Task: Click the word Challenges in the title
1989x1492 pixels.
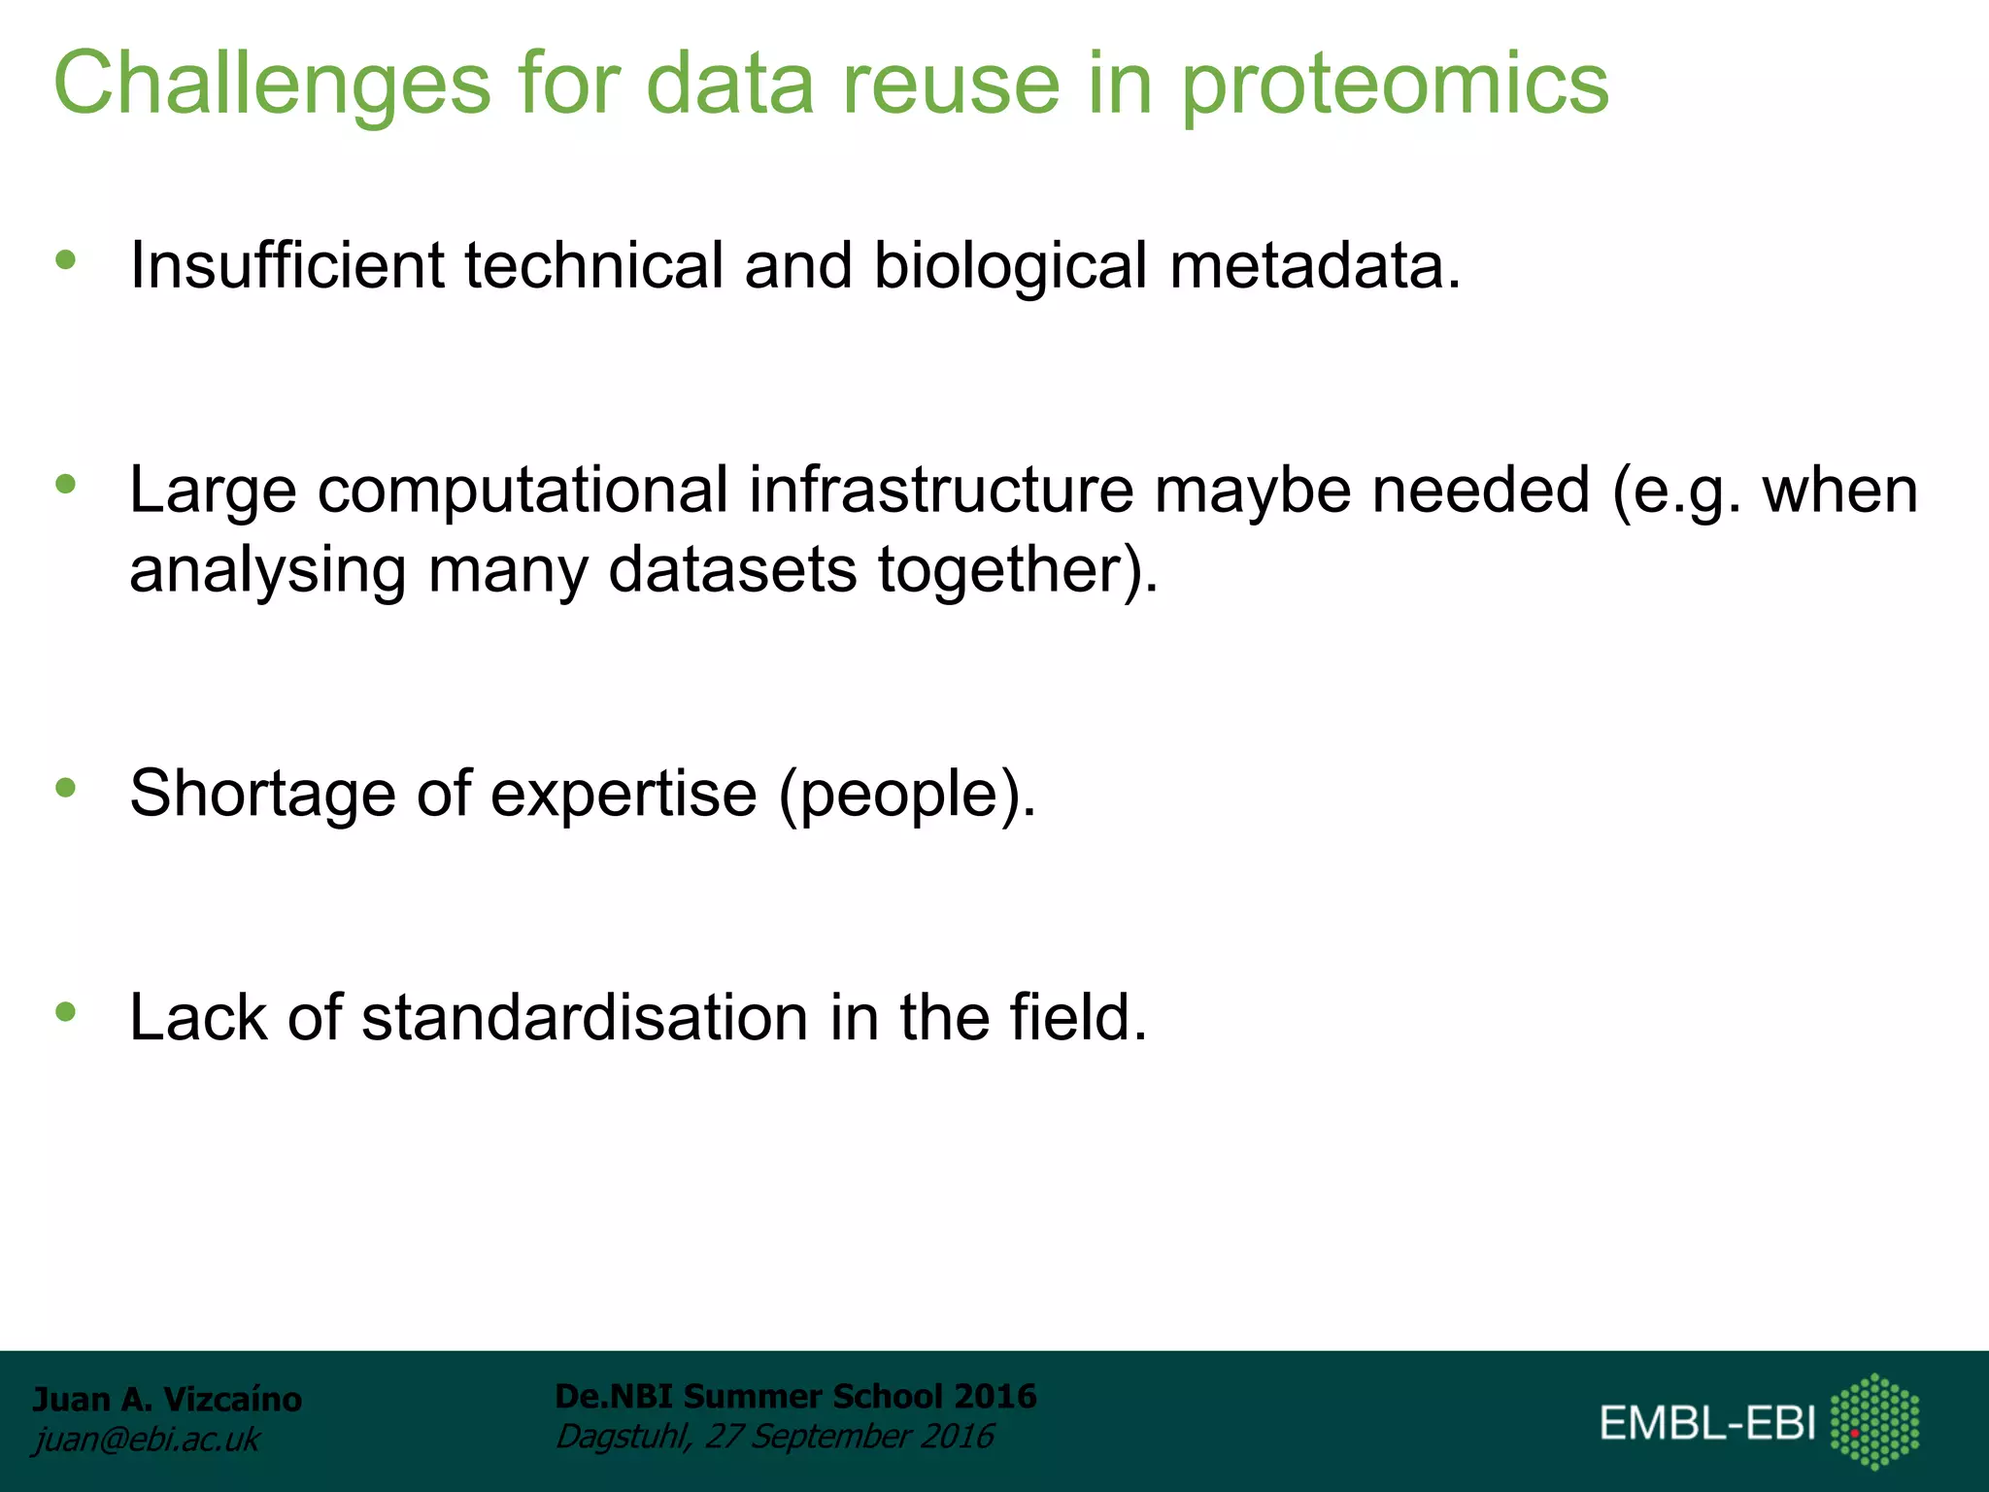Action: [x=272, y=85]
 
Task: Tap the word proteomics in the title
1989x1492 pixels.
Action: [x=1395, y=85]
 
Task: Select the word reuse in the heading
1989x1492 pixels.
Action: [x=951, y=85]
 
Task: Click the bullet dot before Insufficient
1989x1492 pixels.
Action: [x=66, y=259]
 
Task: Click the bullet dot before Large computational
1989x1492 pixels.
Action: [x=66, y=484]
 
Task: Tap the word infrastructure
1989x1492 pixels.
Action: [x=940, y=490]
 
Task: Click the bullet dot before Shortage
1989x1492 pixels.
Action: [x=66, y=787]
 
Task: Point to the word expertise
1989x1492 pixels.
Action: [x=624, y=794]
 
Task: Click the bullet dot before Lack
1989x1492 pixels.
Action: [x=66, y=1012]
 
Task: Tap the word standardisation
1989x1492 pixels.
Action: [x=585, y=1018]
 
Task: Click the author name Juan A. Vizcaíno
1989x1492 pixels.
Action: [x=167, y=1399]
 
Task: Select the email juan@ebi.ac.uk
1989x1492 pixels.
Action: [x=147, y=1439]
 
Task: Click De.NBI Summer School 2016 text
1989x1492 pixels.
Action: [x=795, y=1396]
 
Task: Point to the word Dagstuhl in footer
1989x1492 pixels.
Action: [x=623, y=1436]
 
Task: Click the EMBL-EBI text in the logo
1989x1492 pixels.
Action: [x=1706, y=1423]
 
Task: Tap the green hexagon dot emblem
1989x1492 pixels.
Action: [x=1874, y=1421]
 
